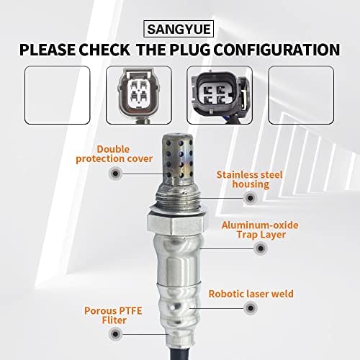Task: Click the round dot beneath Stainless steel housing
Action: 250,198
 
